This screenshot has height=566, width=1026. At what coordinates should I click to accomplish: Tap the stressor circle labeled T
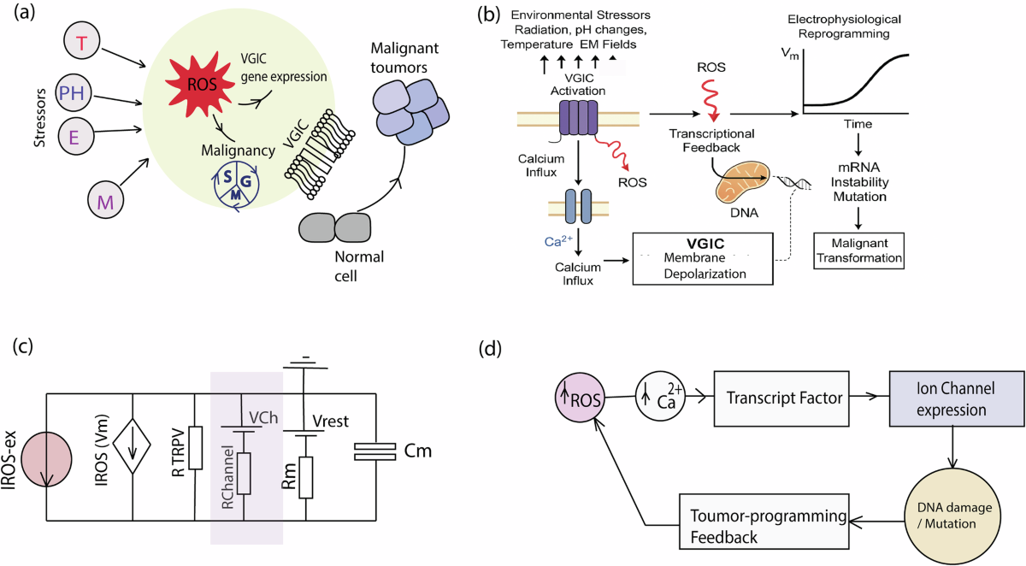click(81, 41)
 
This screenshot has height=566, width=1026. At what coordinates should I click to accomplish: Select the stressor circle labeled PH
click(73, 93)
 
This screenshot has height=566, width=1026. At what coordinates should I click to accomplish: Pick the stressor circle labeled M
click(106, 200)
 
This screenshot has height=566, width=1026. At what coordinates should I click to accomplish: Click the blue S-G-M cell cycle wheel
click(236, 186)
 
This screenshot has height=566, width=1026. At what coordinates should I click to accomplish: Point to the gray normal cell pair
click(335, 227)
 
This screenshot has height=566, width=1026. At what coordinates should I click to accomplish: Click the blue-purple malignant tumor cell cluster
click(410, 112)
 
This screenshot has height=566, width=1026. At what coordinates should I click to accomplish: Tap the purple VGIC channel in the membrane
click(579, 118)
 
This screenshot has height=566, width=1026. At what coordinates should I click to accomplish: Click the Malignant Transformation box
click(858, 251)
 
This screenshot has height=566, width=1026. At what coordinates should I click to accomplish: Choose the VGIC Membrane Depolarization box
click(703, 259)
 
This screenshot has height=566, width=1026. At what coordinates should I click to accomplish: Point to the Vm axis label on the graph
click(790, 54)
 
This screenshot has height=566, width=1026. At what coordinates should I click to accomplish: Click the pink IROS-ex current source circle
click(46, 460)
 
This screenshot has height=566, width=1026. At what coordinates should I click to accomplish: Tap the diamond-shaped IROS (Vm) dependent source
click(132, 446)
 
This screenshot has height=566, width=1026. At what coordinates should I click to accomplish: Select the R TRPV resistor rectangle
click(196, 448)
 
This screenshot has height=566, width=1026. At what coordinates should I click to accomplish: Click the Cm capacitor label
click(418, 451)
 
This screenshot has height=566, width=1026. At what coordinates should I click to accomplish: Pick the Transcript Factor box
click(781, 398)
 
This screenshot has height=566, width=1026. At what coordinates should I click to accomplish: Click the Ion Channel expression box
click(957, 399)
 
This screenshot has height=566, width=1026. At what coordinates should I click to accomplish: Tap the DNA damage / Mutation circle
click(952, 516)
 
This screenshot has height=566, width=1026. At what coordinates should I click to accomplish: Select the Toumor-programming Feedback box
click(764, 522)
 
